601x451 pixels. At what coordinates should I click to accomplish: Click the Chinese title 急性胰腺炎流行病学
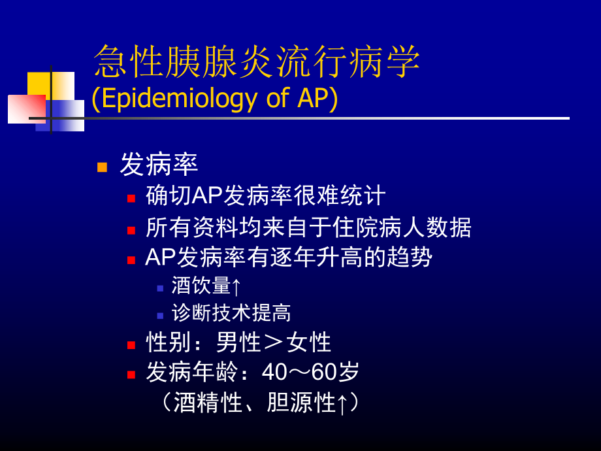point(256,63)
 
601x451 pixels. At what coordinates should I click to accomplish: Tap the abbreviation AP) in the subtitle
point(318,98)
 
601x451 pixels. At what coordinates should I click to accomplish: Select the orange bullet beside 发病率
point(102,167)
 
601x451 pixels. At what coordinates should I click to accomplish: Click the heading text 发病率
point(159,165)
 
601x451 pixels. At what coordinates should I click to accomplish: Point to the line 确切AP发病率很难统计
point(265,195)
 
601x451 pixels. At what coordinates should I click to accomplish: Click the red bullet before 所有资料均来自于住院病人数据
point(131,229)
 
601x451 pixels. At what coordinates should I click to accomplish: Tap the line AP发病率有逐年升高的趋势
point(288,257)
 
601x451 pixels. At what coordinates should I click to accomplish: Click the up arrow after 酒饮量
point(236,286)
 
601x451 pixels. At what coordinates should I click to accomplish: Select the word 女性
point(308,342)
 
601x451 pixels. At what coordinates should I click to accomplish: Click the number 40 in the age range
point(274,373)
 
